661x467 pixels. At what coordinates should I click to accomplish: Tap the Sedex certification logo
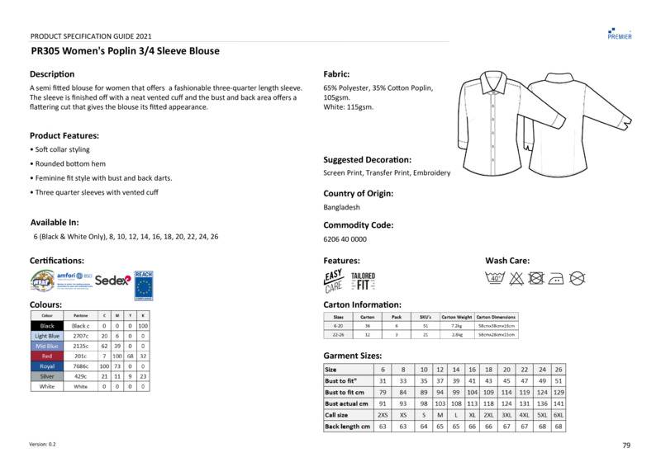point(113,281)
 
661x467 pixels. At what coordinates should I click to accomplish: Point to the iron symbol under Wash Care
point(556,278)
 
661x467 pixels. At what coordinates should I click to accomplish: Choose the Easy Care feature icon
point(333,281)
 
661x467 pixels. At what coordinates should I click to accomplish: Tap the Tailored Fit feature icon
point(363,281)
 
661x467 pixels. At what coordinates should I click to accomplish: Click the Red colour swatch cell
point(47,356)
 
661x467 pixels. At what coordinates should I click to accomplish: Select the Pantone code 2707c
point(80,336)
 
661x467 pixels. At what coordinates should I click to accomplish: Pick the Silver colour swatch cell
point(47,375)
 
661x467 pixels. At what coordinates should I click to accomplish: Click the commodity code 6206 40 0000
point(345,239)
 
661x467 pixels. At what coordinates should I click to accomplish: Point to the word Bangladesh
point(341,208)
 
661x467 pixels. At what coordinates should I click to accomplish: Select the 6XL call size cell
point(559,415)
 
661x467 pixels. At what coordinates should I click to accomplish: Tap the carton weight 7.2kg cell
point(456,326)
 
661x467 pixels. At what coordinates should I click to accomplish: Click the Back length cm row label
point(347,427)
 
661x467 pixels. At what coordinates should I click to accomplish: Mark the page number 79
point(626,446)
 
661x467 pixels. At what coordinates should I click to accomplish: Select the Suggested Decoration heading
point(367,159)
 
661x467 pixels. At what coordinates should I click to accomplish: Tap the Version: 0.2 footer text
point(42,445)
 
